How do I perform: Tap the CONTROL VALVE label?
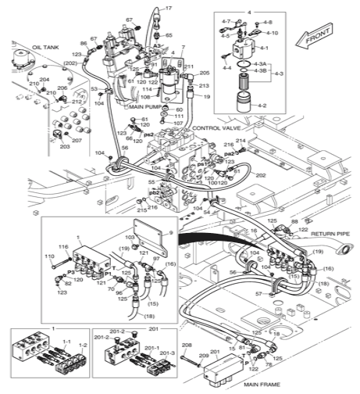tap(214, 127)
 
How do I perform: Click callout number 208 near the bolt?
tap(187, 344)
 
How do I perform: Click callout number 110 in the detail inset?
tap(49, 256)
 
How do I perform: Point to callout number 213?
tap(204, 85)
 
